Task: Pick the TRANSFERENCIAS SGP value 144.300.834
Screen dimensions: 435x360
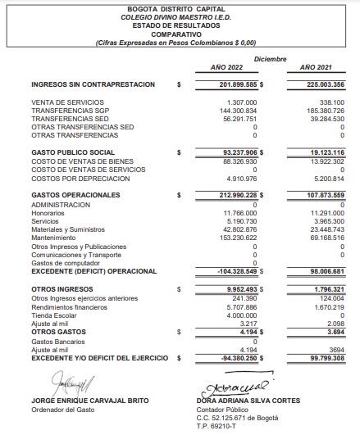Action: click(239, 111)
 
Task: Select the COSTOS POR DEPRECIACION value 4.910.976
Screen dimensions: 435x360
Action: click(242, 178)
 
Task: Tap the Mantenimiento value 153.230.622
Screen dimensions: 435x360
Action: click(239, 238)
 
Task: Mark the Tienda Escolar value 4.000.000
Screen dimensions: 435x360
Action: click(242, 315)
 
